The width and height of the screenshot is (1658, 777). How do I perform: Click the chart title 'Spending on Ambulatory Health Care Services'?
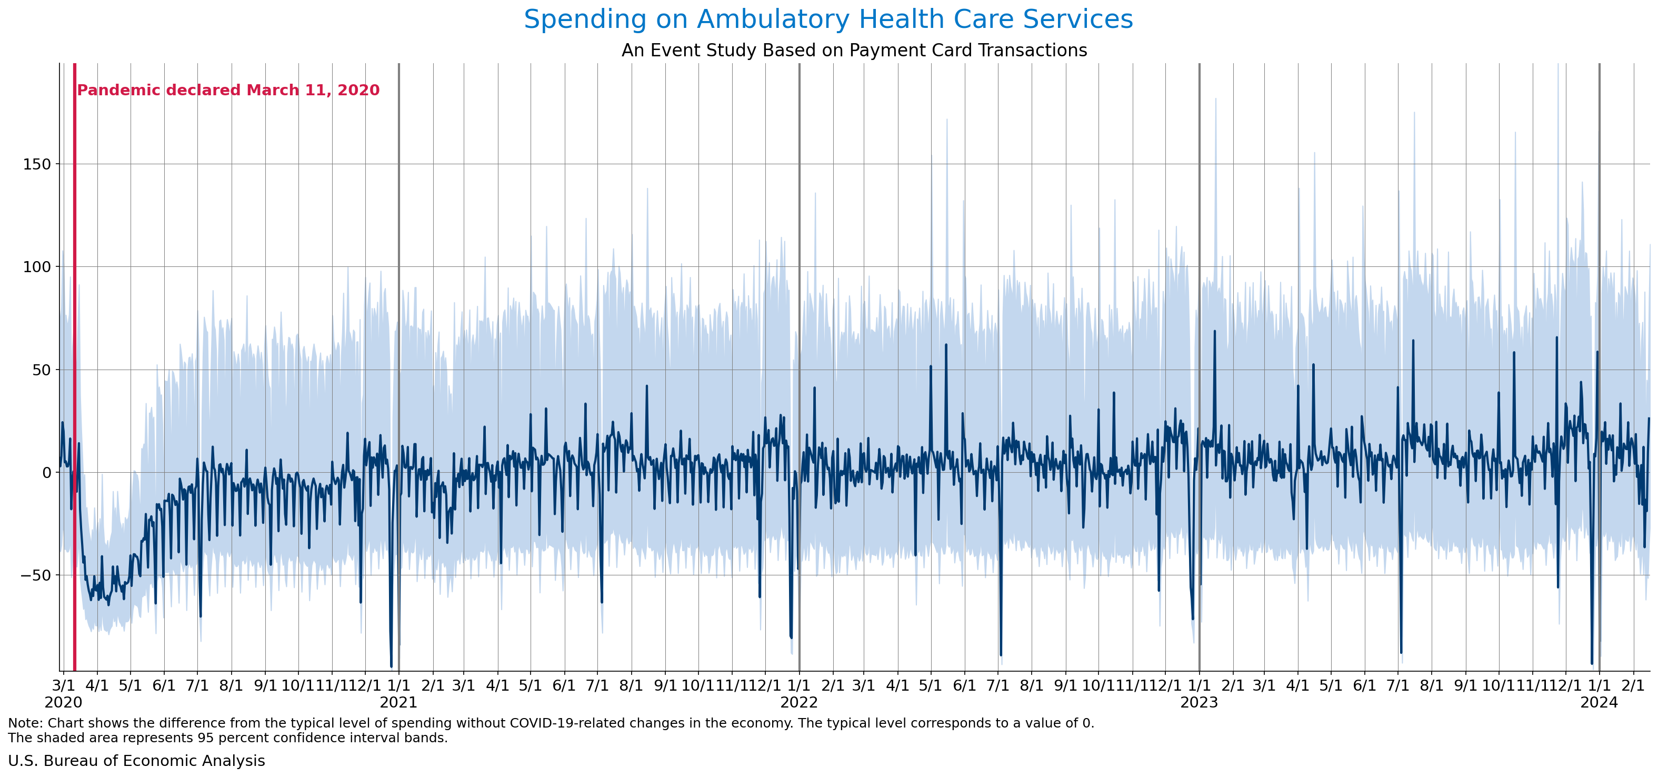[x=828, y=19]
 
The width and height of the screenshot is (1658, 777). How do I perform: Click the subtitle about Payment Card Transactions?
[x=854, y=50]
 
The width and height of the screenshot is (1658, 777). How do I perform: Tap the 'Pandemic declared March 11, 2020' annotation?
[x=228, y=90]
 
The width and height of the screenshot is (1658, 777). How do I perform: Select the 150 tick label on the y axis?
[x=37, y=164]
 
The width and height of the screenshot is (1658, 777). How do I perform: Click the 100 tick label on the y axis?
[x=37, y=266]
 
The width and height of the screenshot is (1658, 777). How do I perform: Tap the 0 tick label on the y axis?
[x=46, y=473]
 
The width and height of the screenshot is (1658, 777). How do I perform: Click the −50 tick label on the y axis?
[x=35, y=575]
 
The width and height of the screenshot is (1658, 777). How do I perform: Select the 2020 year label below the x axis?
[x=63, y=702]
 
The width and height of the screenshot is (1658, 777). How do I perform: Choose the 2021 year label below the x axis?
[x=398, y=702]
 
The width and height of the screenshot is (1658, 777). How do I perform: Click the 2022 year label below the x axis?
[x=799, y=702]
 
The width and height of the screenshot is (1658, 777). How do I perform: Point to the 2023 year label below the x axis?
[x=1199, y=702]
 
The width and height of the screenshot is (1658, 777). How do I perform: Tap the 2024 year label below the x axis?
[x=1599, y=702]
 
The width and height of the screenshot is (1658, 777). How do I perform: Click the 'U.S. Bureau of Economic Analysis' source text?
[x=136, y=761]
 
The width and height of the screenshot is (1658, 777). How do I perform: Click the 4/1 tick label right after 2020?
[x=97, y=685]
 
